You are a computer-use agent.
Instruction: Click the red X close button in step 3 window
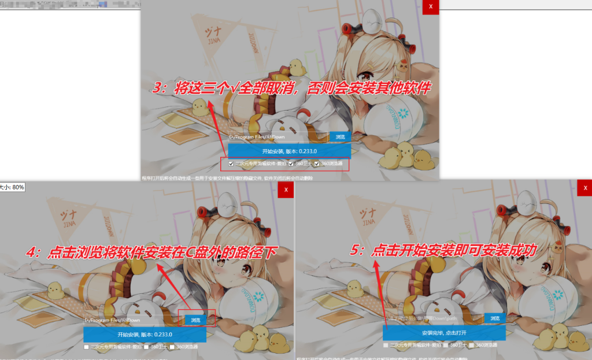coord(431,7)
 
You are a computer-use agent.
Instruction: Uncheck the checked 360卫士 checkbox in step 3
coord(292,164)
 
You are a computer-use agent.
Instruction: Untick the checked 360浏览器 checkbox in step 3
coord(317,164)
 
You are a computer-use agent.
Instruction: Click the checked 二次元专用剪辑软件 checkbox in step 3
coord(231,164)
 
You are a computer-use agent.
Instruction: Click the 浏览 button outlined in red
coord(196,320)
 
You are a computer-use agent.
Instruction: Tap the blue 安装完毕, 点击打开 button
coord(444,333)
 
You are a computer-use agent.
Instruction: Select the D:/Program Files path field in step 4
coord(130,320)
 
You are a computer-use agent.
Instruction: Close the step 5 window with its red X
coord(584,189)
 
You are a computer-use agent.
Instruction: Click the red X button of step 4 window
coord(286,190)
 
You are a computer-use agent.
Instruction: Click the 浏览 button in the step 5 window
coord(494,318)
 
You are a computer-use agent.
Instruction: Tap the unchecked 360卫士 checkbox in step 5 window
coord(446,345)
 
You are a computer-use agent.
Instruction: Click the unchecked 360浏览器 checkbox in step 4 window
coord(172,347)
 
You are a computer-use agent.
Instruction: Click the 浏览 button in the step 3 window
coord(340,137)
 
